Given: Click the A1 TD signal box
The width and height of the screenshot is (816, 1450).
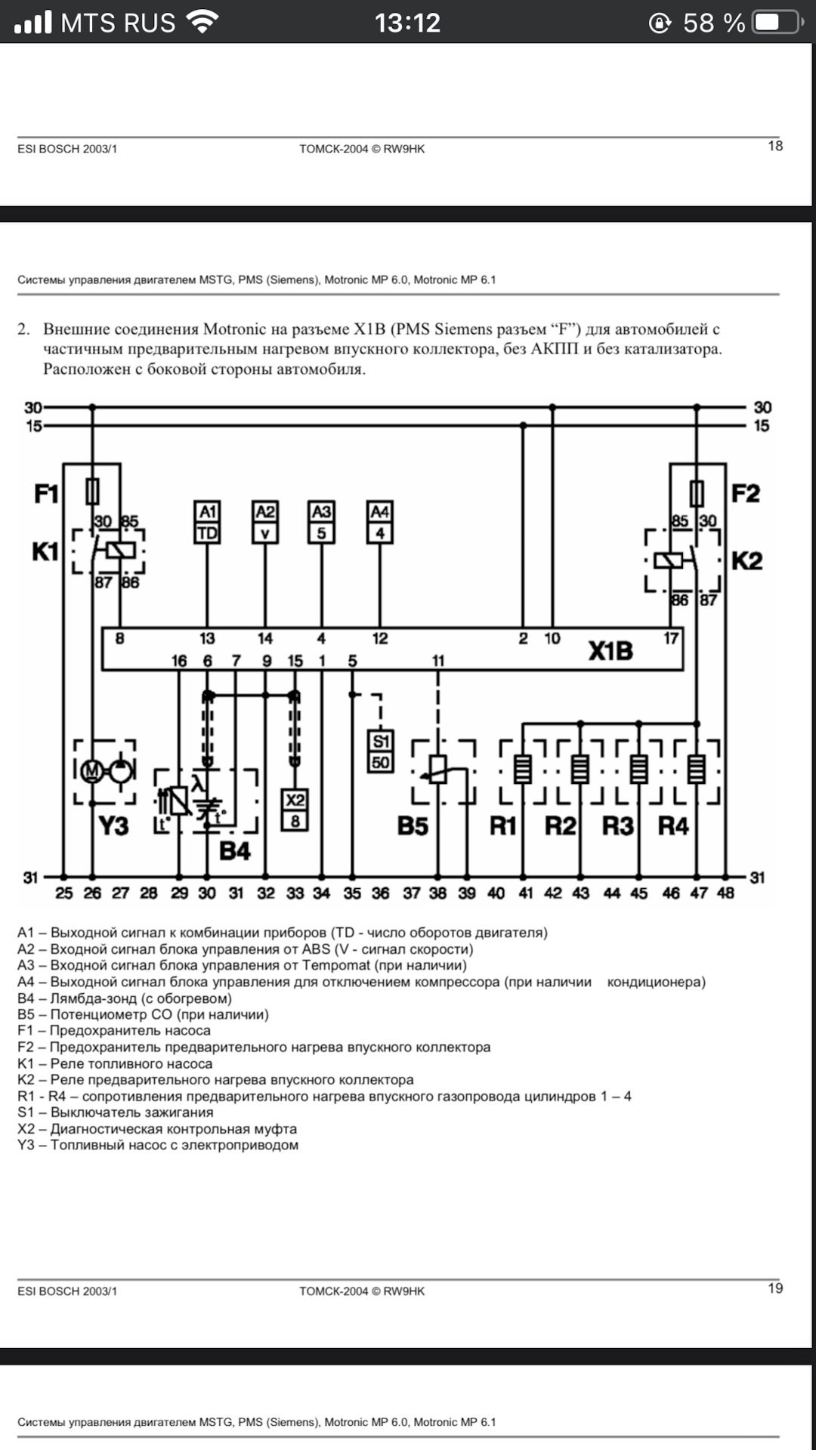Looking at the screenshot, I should [207, 522].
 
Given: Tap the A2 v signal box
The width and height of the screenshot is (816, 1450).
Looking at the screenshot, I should [265, 522].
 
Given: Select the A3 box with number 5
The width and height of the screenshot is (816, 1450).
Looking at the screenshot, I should [321, 522].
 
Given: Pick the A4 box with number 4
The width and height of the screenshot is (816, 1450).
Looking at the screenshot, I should [379, 522].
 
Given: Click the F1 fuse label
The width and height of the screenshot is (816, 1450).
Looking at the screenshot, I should [46, 494].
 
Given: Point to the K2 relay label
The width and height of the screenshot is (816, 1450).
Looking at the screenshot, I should [746, 561].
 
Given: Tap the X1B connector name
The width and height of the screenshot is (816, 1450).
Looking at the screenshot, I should [610, 651].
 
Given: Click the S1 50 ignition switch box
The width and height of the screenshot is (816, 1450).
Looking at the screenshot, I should [381, 751].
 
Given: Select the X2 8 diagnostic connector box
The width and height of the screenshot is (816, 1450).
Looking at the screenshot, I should [295, 810].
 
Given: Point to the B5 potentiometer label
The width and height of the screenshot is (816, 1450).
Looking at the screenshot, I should [413, 826].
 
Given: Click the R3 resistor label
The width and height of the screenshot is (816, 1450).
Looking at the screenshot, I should [617, 826].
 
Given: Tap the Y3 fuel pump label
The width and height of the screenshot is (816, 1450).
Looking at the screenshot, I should [113, 826].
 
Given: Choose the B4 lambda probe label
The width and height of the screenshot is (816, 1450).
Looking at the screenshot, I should [234, 852].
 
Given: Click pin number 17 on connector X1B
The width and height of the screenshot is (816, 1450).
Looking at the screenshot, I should [671, 639].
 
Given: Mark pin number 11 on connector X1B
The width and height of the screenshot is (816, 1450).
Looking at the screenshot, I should [438, 661].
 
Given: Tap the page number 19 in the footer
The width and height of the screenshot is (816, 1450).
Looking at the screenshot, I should [775, 1288].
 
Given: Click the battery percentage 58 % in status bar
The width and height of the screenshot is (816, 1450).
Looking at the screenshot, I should [713, 23].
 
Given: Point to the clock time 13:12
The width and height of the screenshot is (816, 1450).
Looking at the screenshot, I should [407, 23].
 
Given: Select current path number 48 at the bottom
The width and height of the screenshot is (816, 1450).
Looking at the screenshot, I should [725, 893].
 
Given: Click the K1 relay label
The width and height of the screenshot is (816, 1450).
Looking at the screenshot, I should [45, 552].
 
